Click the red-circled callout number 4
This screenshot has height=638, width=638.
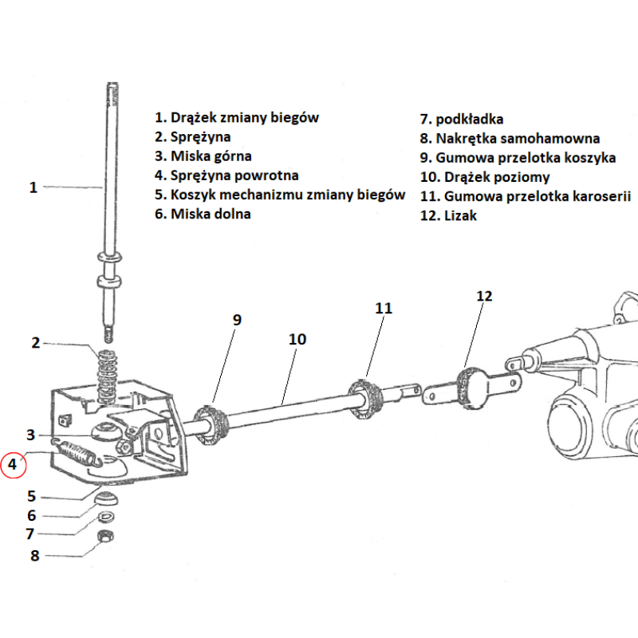pyautogui.click(x=13, y=463)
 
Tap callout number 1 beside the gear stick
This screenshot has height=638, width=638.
pyautogui.click(x=33, y=187)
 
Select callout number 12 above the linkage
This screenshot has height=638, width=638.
pyautogui.click(x=485, y=296)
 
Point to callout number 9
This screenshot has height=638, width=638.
pyautogui.click(x=237, y=319)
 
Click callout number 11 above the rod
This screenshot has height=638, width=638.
pyautogui.click(x=384, y=307)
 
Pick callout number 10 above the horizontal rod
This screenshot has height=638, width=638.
pyautogui.click(x=297, y=339)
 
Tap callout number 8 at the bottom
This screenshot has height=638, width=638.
pyautogui.click(x=34, y=556)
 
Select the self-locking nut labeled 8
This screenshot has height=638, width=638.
pyautogui.click(x=104, y=537)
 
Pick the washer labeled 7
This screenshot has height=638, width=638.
pyautogui.click(x=105, y=517)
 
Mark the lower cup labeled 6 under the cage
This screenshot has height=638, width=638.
pyautogui.click(x=106, y=498)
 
